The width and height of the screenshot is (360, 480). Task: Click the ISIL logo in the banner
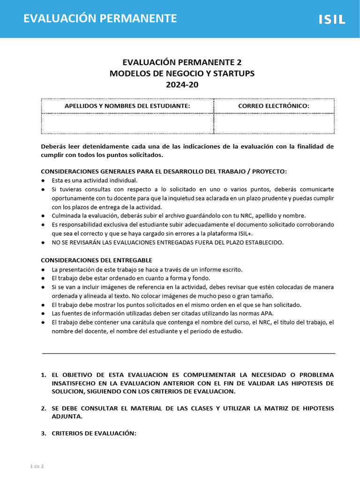[332, 19]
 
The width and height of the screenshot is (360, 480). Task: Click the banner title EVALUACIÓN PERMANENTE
[100, 18]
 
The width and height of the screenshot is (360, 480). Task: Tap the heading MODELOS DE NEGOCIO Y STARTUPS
[182, 74]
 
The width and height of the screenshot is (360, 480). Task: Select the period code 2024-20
[182, 85]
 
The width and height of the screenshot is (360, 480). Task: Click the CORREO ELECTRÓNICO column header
[274, 106]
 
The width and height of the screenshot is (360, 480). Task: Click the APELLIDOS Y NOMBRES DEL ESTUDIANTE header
[127, 106]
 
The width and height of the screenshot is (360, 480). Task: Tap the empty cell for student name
[127, 123]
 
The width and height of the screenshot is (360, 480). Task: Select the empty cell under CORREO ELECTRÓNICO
[274, 123]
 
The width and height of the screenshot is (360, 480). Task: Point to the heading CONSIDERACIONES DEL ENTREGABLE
[97, 260]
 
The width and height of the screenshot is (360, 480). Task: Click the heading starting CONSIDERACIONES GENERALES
[164, 171]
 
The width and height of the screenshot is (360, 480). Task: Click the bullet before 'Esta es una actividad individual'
[43, 180]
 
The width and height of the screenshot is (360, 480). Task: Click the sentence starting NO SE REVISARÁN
[167, 242]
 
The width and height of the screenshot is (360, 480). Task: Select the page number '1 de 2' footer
[37, 466]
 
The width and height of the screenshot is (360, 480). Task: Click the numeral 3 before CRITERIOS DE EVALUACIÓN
[43, 433]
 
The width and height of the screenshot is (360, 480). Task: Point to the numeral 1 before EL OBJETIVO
[43, 375]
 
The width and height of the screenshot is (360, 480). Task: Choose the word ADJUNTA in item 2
[67, 416]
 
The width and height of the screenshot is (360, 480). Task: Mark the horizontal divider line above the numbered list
[188, 353]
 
